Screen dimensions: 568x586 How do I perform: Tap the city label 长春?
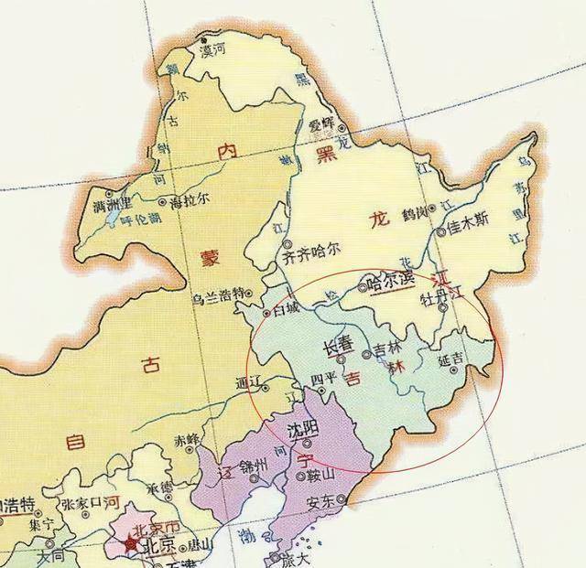point(339,348)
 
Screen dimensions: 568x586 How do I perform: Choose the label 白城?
point(278,308)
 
